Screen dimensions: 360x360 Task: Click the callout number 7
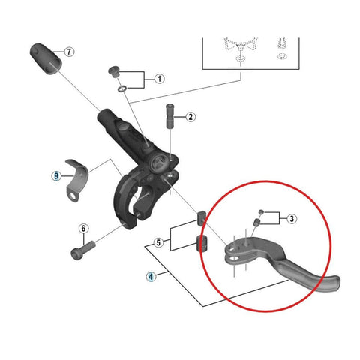pyautogui.click(x=69, y=52)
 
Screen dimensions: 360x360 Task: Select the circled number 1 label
pyautogui.click(x=160, y=79)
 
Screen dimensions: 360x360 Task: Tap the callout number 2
pyautogui.click(x=190, y=117)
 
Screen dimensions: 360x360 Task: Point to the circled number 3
pyautogui.click(x=292, y=219)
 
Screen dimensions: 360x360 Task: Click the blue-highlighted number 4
pyautogui.click(x=151, y=277)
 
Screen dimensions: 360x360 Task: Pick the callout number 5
pyautogui.click(x=158, y=242)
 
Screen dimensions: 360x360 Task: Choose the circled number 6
pyautogui.click(x=83, y=228)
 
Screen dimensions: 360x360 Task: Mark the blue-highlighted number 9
pyautogui.click(x=56, y=176)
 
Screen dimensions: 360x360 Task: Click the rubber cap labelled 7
pyautogui.click(x=46, y=59)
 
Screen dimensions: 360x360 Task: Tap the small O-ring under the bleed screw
pyautogui.click(x=122, y=88)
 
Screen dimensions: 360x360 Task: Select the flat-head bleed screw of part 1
pyautogui.click(x=114, y=71)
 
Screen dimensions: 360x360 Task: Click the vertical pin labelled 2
pyautogui.click(x=170, y=116)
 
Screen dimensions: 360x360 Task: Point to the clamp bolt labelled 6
pyautogui.click(x=83, y=250)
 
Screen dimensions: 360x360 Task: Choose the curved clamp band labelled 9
pyautogui.click(x=76, y=179)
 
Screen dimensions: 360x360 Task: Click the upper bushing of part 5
pyautogui.click(x=202, y=218)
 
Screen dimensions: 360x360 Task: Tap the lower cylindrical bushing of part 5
pyautogui.click(x=202, y=243)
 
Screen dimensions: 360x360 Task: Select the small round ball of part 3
pyautogui.click(x=261, y=212)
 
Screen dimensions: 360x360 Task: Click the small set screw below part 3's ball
pyautogui.click(x=256, y=221)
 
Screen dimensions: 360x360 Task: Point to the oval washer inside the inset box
pyautogui.click(x=282, y=56)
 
